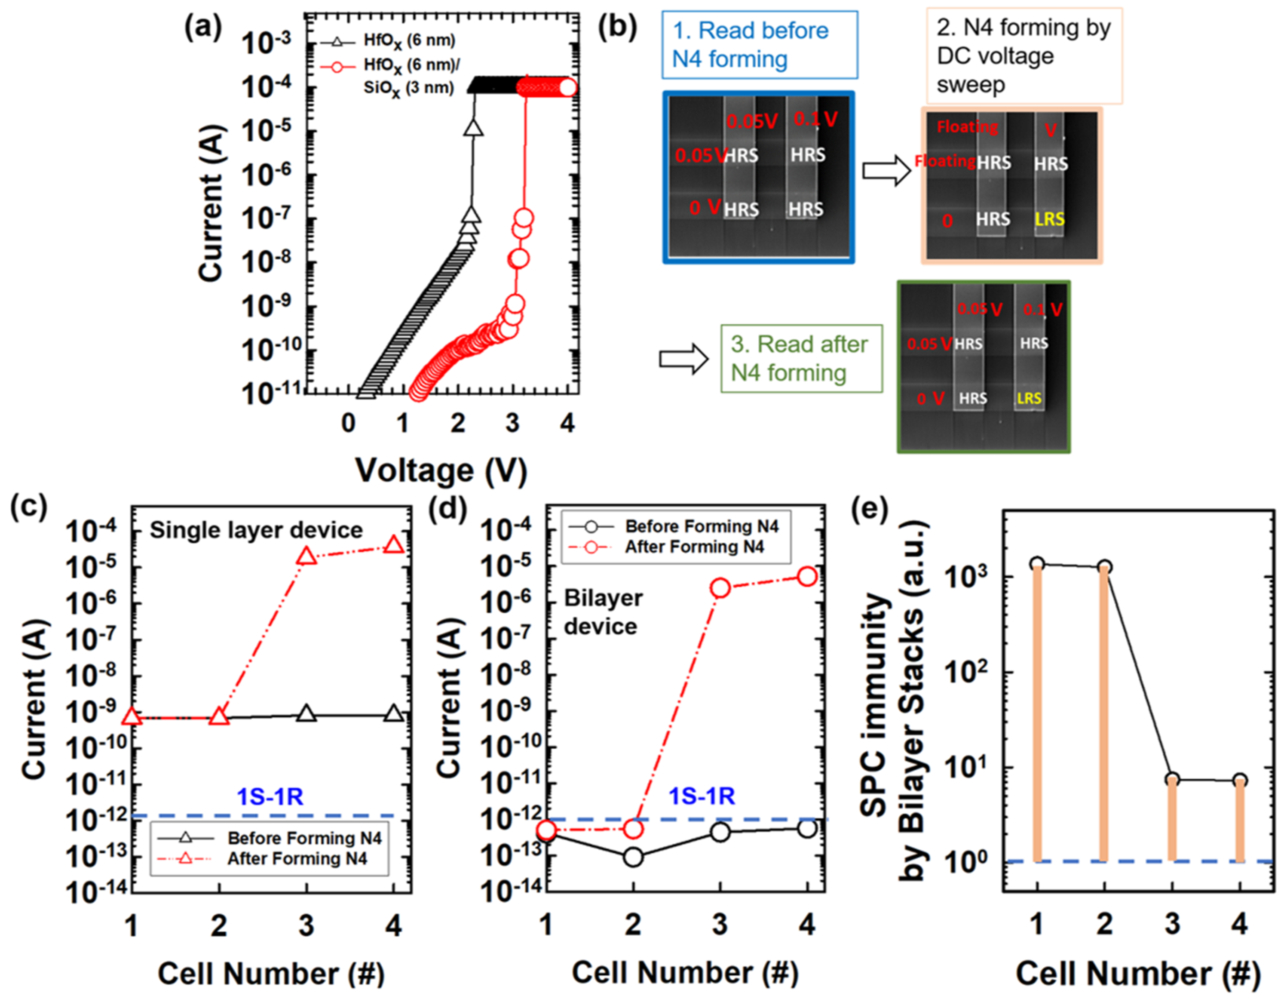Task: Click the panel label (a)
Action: pos(203,28)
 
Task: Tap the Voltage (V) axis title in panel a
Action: pos(441,471)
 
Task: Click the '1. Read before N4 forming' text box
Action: pos(760,45)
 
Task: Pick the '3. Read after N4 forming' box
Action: pos(801,359)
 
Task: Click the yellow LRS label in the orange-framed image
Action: pos(1049,219)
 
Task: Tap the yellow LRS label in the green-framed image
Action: pos(1029,398)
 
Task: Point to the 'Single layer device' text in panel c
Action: pos(256,530)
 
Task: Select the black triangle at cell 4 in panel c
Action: pos(393,714)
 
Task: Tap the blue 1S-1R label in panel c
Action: pos(270,797)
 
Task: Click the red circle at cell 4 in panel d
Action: pos(807,577)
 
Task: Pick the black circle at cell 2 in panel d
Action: pos(633,858)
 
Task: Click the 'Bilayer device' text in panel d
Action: pos(603,612)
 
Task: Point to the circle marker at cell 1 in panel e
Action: pos(1037,564)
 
